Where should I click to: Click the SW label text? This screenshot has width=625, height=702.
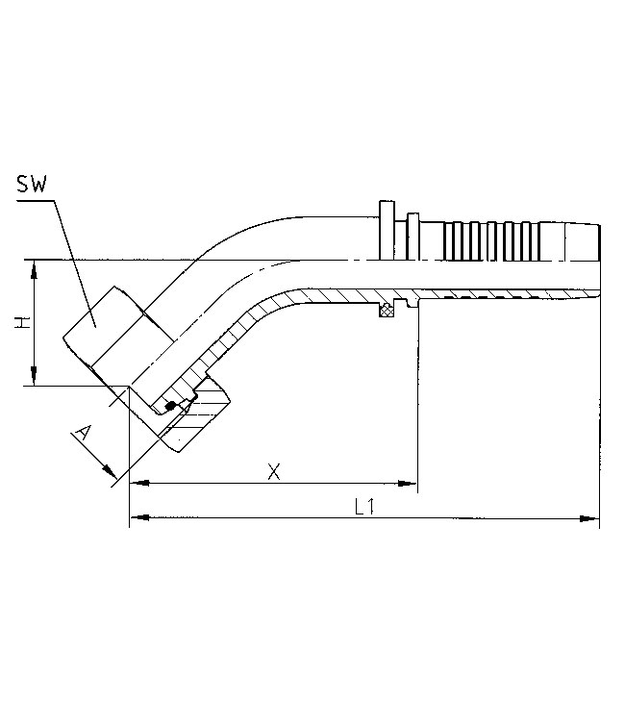tap(32, 184)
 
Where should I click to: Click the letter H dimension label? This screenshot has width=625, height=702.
tap(22, 322)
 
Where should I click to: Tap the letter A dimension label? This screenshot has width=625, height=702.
tap(84, 435)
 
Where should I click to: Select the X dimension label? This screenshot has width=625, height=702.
tap(274, 471)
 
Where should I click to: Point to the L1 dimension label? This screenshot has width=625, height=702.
tap(364, 507)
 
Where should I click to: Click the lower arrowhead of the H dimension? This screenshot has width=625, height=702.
tap(34, 376)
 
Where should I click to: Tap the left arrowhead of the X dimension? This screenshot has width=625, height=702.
tap(138, 483)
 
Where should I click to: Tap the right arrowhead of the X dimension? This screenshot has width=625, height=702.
tap(408, 483)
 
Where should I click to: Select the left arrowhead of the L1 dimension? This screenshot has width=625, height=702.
tap(138, 517)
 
